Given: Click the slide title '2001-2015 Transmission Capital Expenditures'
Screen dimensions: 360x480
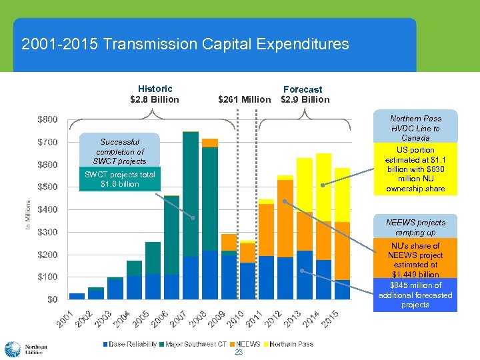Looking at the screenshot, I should (x=185, y=45).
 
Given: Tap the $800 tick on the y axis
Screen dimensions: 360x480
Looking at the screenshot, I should (x=46, y=120).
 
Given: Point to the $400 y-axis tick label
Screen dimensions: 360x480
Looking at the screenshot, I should (x=46, y=209).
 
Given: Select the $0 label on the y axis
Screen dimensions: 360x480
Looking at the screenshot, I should (x=51, y=299).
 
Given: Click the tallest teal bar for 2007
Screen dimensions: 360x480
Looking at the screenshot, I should (x=191, y=193).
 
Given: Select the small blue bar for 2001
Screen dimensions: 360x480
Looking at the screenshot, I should (x=77, y=296).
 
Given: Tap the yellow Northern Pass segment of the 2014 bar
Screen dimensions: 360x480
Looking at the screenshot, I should (x=323, y=187).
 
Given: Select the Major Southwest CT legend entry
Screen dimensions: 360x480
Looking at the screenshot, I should (x=195, y=344).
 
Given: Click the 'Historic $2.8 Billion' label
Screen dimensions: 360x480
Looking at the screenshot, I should (x=155, y=94).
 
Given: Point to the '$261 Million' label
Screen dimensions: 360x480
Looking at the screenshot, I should (x=245, y=99).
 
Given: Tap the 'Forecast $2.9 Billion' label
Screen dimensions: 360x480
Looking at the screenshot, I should (x=304, y=94).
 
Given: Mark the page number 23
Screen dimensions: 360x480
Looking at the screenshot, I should (x=238, y=353).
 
